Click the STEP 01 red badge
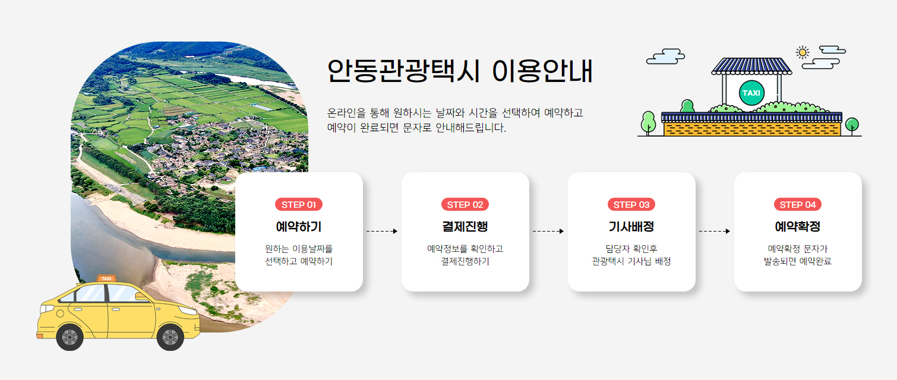click(299, 205)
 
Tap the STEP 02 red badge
click(465, 205)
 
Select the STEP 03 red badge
click(631, 205)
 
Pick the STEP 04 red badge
click(798, 205)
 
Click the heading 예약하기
click(299, 227)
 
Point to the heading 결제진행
click(465, 227)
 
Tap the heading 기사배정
click(631, 227)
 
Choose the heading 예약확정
click(798, 227)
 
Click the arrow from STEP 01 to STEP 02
click(382, 231)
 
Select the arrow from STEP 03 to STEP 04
click(715, 231)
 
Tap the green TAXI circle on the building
click(751, 93)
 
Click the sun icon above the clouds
click(803, 52)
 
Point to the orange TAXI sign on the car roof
click(106, 278)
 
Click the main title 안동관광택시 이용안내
click(460, 71)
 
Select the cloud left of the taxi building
click(665, 56)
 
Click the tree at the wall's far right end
click(852, 125)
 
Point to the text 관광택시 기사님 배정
click(631, 261)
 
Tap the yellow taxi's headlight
click(46, 309)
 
